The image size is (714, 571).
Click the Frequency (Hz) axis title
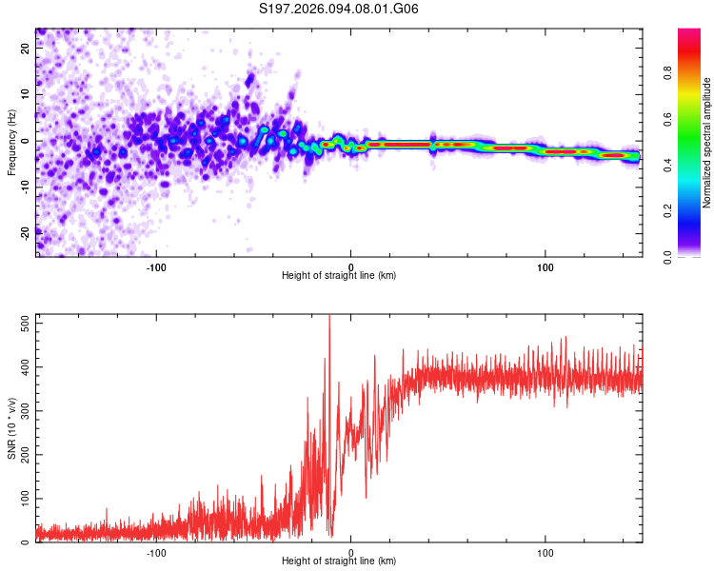(11, 143)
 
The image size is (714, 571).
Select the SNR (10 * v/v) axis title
(11, 428)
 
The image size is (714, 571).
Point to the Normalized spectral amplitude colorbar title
(707, 143)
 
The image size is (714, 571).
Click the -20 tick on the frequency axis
(25, 232)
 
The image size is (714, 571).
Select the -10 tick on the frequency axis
(25, 187)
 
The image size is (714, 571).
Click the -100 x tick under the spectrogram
(156, 267)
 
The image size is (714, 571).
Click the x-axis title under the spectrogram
(339, 276)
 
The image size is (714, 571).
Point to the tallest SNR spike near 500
(329, 318)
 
